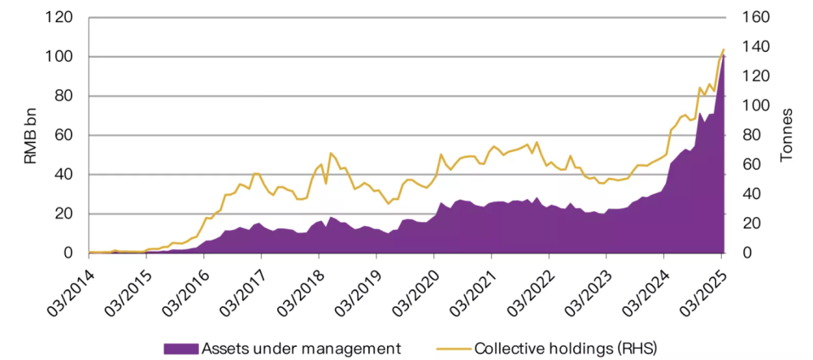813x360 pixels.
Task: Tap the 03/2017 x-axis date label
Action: click(243, 286)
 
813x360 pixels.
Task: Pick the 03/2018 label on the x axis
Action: click(301, 286)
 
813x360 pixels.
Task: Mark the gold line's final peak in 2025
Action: click(723, 50)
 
